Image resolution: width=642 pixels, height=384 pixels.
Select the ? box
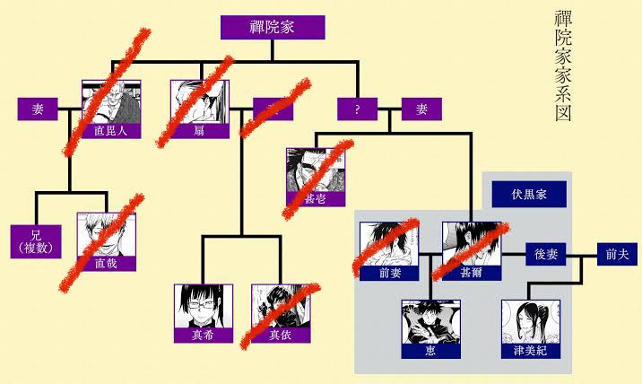click(357, 109)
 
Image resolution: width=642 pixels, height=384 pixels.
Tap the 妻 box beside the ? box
click(421, 109)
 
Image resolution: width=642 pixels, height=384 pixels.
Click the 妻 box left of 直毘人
click(38, 109)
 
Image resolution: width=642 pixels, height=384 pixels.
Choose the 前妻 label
click(388, 275)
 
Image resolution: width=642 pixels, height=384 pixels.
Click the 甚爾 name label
click(471, 275)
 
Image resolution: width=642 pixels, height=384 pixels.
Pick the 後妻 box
click(546, 255)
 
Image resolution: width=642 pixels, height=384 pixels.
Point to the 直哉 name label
click(106, 263)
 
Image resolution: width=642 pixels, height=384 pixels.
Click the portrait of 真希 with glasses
click(203, 306)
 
